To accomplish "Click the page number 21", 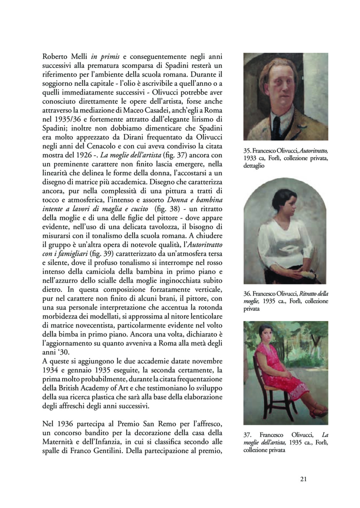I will (304, 479).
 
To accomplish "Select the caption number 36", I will (247, 294).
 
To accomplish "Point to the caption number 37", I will (247, 435).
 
